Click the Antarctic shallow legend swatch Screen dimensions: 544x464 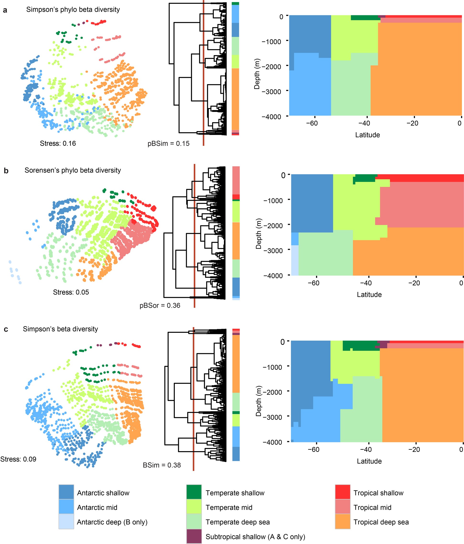click(66, 491)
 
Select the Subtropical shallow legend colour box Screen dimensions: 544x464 click(194, 536)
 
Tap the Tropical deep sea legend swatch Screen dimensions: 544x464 click(342, 521)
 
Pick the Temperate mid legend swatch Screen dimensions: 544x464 click(194, 506)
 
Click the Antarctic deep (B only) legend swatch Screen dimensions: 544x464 click(66, 521)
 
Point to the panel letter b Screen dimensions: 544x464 click(6, 171)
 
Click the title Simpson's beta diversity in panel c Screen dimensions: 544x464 click(60, 329)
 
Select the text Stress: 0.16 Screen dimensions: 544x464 click(58, 143)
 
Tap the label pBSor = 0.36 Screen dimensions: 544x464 click(160, 305)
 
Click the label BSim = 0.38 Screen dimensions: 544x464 click(161, 465)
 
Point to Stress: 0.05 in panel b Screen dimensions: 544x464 click(71, 292)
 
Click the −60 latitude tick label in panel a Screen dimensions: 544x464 click(312, 123)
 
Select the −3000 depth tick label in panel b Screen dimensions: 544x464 click(273, 250)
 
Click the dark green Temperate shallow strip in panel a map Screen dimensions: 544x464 click(364, 18)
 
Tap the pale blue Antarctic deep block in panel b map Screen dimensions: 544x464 click(295, 260)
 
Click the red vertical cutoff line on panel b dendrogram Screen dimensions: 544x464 click(194, 236)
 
